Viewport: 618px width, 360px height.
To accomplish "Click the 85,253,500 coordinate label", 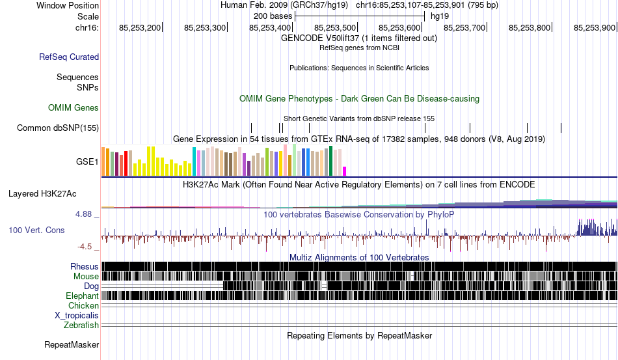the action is [335, 27].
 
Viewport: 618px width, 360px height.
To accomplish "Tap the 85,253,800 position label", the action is [530, 27].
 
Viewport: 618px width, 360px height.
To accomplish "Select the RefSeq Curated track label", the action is [69, 57].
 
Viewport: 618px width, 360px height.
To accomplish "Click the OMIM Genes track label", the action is [74, 107].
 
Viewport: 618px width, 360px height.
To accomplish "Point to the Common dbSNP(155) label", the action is [58, 128].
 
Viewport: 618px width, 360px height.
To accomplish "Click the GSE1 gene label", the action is [87, 161].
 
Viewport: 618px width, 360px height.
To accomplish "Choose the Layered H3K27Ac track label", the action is [42, 193].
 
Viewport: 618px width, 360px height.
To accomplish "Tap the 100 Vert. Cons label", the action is [36, 230].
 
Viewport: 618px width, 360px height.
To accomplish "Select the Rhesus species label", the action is [85, 266].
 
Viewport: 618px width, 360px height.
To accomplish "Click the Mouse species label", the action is [86, 277].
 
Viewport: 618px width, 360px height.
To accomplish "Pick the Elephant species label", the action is [82, 296].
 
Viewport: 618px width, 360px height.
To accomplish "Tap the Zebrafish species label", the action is [81, 325].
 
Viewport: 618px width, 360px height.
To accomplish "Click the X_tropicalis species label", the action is [77, 316].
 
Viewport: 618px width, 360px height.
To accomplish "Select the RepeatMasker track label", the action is [72, 344].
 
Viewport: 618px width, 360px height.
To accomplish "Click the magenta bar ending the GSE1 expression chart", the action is [345, 171].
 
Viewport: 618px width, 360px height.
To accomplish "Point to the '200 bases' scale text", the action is [273, 16].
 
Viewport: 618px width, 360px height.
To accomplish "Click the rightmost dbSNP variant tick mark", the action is [561, 128].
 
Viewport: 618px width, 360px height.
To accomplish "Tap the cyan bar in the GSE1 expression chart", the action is [194, 161].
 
